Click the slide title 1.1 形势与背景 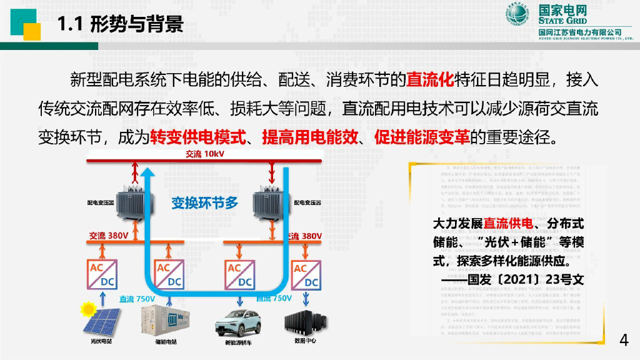click(120, 24)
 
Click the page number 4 click(623, 340)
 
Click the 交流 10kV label click(204, 154)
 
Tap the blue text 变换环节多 click(205, 202)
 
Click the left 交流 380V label click(109, 236)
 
